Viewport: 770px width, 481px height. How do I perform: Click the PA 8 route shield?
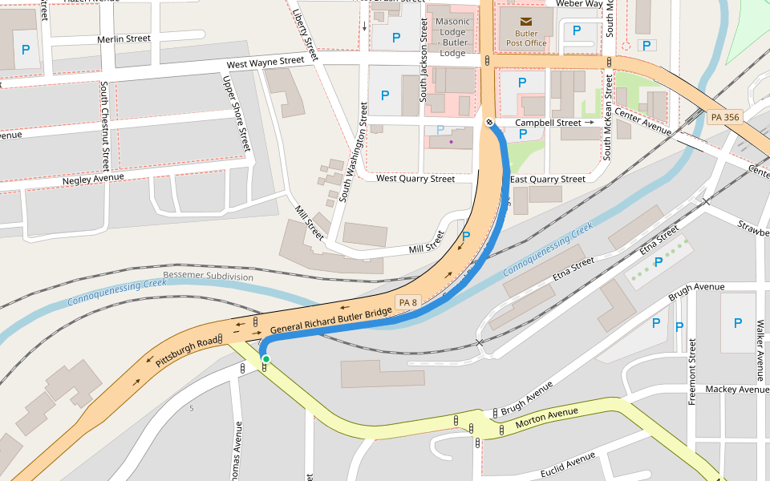(x=408, y=302)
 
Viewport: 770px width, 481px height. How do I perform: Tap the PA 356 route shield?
(x=726, y=117)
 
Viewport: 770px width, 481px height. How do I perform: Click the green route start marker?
(x=265, y=359)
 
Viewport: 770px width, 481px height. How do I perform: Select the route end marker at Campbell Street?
(x=489, y=123)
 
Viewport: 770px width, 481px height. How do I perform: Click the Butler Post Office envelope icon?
(x=526, y=21)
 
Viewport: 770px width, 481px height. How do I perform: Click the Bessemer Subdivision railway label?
(x=208, y=277)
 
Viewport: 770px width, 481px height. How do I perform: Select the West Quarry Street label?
(x=415, y=179)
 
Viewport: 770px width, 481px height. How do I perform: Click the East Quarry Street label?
(x=548, y=180)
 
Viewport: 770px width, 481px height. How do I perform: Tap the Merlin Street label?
(x=124, y=38)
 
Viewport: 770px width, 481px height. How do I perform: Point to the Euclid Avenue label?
(x=568, y=464)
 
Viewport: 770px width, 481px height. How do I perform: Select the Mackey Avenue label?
(x=736, y=390)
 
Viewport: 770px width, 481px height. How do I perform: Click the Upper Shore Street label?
(x=237, y=113)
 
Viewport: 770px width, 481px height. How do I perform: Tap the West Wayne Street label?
(x=265, y=62)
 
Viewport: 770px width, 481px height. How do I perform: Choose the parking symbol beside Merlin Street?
(x=26, y=50)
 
